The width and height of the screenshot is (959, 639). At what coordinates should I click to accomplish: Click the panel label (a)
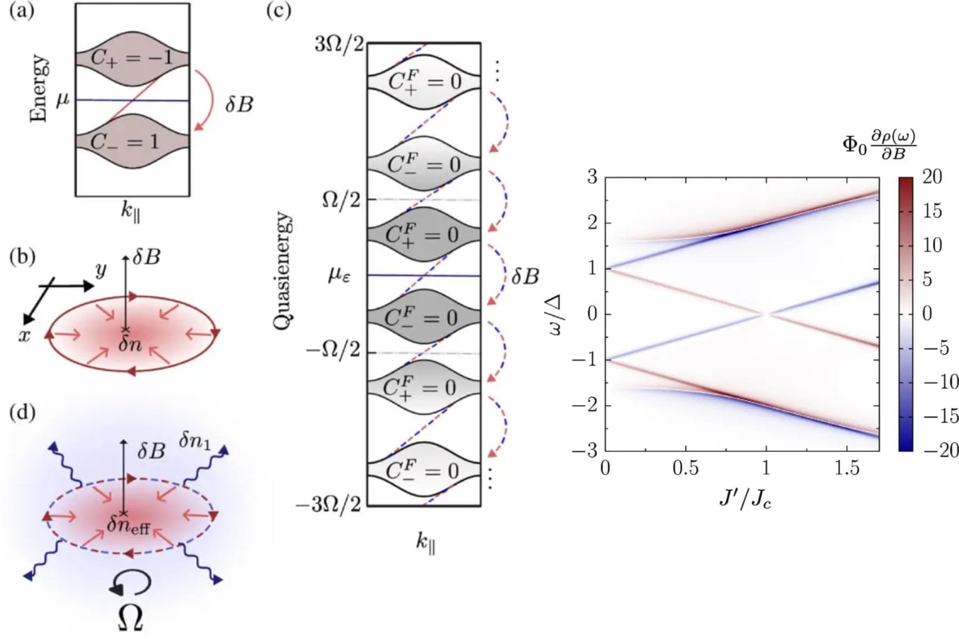click(x=22, y=12)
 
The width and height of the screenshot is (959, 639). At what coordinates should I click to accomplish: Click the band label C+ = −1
click(x=131, y=58)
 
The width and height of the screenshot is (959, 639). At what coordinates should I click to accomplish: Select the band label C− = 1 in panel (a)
click(x=125, y=141)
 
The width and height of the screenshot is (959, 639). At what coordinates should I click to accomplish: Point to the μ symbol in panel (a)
click(x=63, y=100)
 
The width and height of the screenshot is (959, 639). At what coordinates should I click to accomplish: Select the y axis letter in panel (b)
click(x=100, y=270)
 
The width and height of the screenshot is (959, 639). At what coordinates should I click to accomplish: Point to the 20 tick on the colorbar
click(x=932, y=177)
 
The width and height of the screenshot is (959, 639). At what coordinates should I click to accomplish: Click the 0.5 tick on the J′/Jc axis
click(x=685, y=468)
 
